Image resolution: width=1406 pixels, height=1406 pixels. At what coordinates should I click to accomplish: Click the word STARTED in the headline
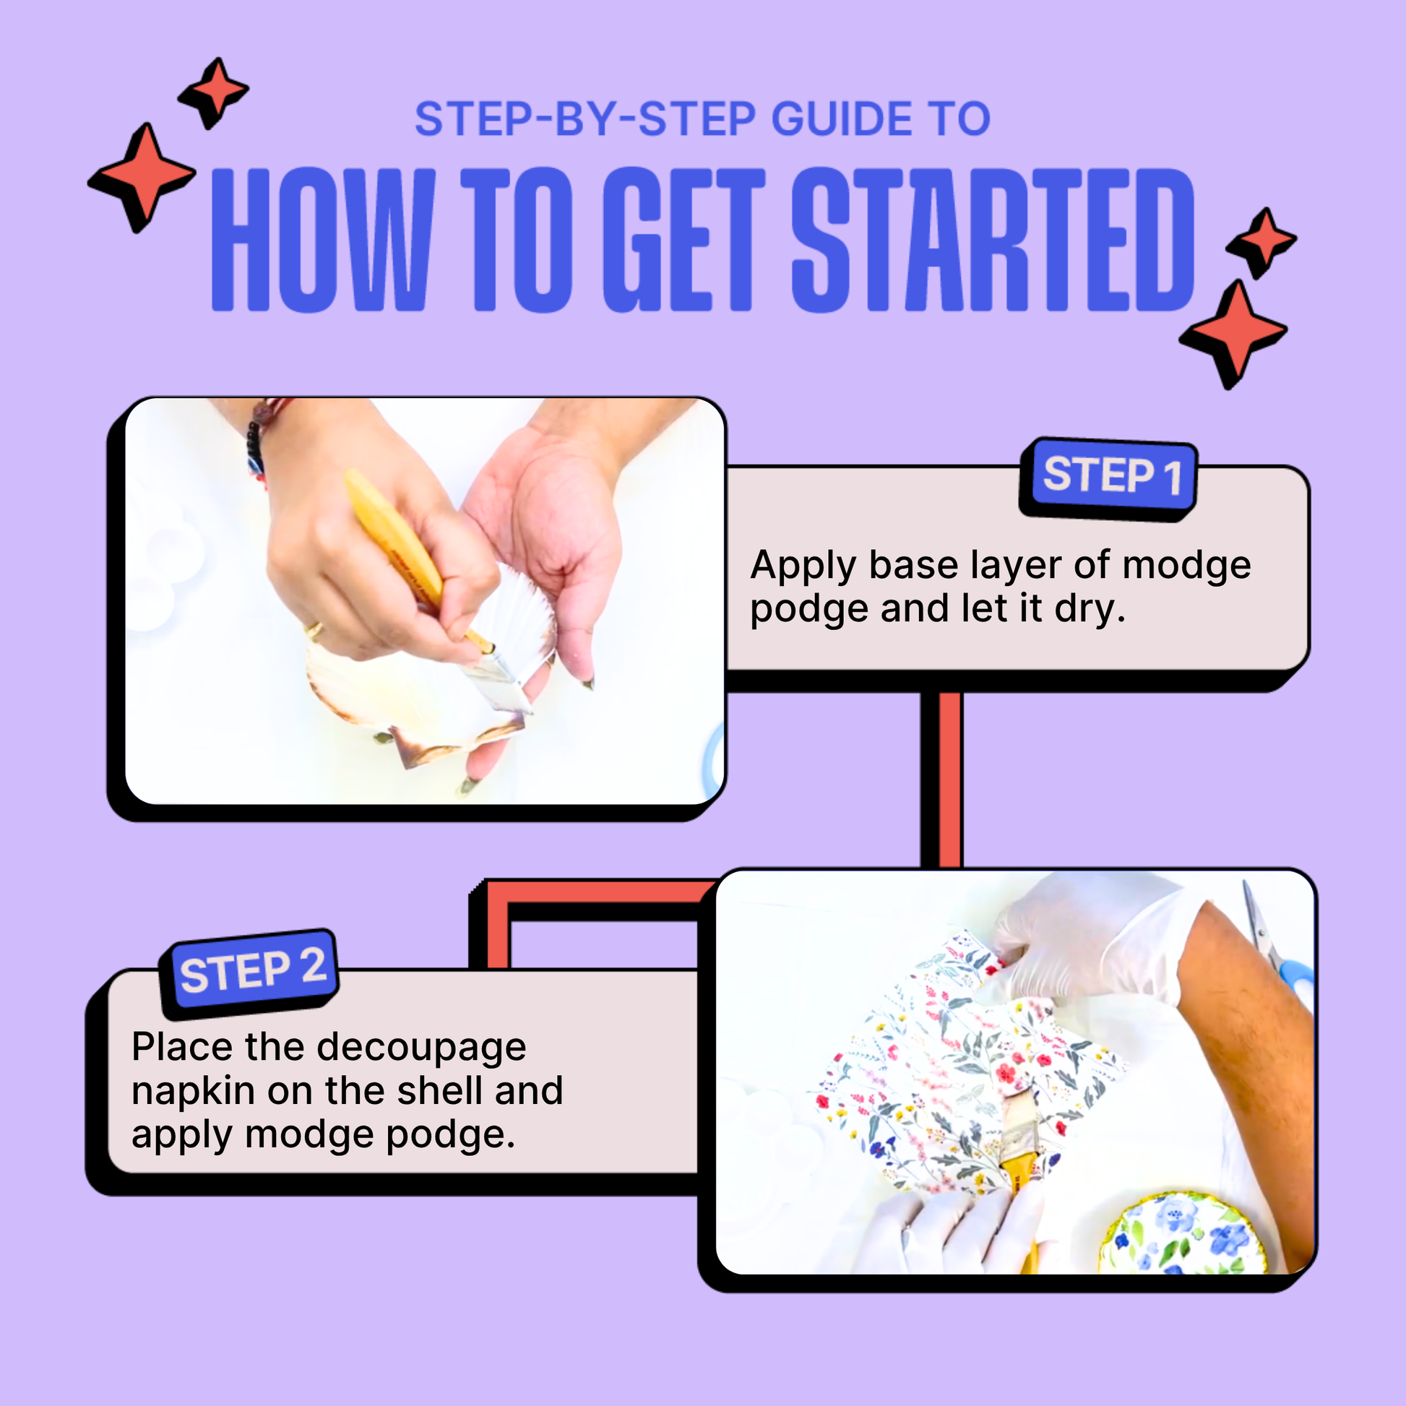(x=991, y=240)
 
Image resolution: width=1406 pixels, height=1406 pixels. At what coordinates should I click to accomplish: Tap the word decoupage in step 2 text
(x=421, y=1048)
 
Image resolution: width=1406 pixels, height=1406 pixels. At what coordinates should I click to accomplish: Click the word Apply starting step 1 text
(x=803, y=566)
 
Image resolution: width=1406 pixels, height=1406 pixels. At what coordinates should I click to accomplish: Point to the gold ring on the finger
(x=314, y=629)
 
